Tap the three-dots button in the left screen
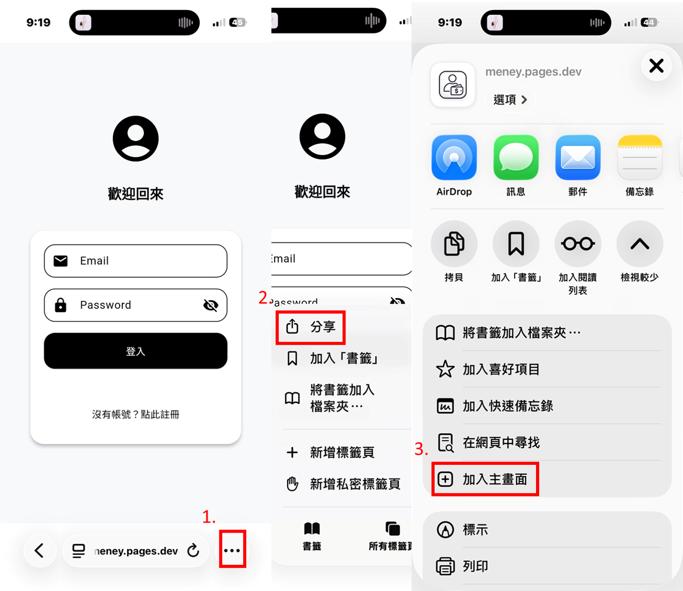tap(232, 551)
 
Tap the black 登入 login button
tap(135, 351)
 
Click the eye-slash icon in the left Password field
tap(211, 305)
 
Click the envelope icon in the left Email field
tap(61, 261)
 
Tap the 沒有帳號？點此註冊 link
tap(135, 414)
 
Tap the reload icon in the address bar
tap(193, 551)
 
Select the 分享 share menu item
tap(311, 327)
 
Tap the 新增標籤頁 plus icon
tap(292, 452)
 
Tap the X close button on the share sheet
tap(656, 66)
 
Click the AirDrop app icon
tap(454, 158)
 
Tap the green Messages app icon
tap(516, 158)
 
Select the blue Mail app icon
tap(578, 158)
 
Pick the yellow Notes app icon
tap(640, 158)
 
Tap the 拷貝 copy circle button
tap(454, 244)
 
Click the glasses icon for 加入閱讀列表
tap(578, 244)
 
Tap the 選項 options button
tap(510, 99)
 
